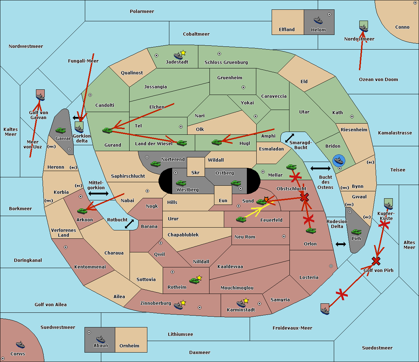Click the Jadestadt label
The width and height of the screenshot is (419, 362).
[177, 62]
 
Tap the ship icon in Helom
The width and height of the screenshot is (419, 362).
[318, 20]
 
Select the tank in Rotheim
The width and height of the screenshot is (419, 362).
[194, 280]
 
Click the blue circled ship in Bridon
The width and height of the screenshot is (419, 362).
[339, 161]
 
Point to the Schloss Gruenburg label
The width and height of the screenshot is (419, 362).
[226, 62]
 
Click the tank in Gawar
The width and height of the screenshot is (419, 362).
[60, 130]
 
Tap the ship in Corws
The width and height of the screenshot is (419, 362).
[20, 345]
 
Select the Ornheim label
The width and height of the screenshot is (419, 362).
[129, 346]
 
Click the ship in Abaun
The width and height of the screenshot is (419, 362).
[101, 339]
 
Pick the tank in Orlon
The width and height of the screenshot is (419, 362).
[310, 231]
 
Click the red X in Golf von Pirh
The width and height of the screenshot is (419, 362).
[376, 260]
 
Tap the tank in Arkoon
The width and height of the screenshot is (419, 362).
[82, 211]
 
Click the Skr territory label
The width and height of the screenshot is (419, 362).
[195, 173]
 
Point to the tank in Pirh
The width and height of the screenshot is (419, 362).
[356, 232]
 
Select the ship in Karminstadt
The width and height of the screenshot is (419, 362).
[241, 303]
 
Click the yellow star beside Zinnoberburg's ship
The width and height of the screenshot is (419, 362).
[183, 303]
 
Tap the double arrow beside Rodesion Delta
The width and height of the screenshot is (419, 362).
[340, 244]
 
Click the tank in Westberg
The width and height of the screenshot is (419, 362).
[181, 183]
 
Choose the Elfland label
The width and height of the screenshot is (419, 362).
[287, 30]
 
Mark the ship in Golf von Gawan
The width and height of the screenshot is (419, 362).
[41, 97]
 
